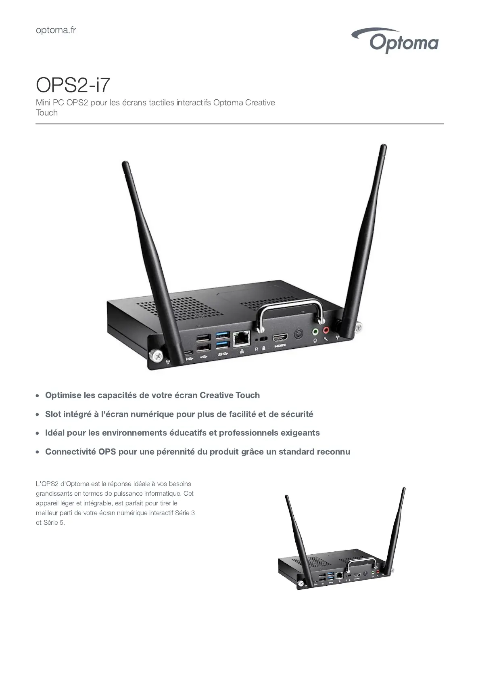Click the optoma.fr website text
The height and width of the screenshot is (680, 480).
click(56, 30)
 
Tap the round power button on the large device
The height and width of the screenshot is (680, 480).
click(298, 334)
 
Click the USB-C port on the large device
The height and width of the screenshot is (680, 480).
click(189, 352)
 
